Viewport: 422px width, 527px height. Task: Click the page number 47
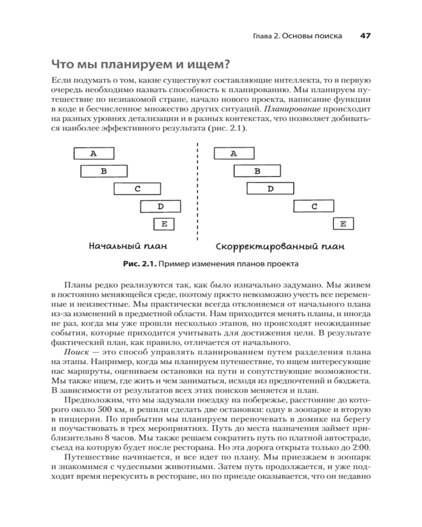click(365, 36)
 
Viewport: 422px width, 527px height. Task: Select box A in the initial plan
click(93, 153)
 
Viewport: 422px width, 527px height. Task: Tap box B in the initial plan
click(104, 171)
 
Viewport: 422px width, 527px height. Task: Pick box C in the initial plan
click(137, 188)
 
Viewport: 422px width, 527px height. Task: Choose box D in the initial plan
click(160, 206)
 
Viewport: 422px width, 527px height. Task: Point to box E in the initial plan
click(164, 224)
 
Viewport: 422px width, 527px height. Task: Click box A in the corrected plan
click(233, 153)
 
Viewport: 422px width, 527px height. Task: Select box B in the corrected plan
click(257, 171)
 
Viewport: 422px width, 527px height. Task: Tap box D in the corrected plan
click(270, 188)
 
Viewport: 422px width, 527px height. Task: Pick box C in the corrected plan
click(314, 206)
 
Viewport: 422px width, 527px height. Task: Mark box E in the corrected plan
click(343, 224)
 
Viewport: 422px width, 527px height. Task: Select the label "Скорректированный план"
click(280, 247)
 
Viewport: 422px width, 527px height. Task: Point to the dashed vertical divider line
click(197, 195)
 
